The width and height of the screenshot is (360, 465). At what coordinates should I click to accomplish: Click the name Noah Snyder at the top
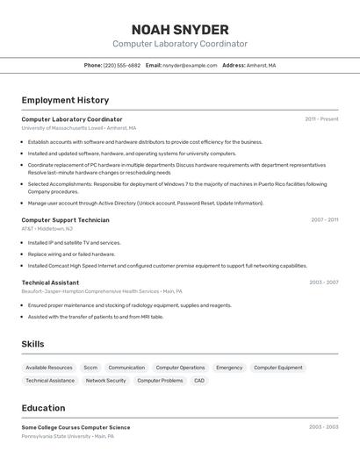[x=180, y=30]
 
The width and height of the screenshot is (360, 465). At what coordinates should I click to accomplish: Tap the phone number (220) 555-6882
[x=121, y=66]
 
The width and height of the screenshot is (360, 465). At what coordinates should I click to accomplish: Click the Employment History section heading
[x=65, y=100]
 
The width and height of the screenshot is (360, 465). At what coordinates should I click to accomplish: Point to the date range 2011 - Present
[x=321, y=119]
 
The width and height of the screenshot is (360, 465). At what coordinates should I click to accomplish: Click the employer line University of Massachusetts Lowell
[x=74, y=128]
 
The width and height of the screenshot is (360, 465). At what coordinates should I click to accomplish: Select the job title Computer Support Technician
[x=65, y=220]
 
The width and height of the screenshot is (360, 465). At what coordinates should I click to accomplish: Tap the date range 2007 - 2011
[x=324, y=220]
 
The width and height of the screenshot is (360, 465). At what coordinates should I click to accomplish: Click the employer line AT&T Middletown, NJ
[x=47, y=229]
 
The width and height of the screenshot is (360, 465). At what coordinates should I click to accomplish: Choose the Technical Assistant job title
[x=50, y=283]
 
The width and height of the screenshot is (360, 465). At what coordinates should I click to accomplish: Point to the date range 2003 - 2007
[x=323, y=283]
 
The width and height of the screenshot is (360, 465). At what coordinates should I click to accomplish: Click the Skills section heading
[x=32, y=344]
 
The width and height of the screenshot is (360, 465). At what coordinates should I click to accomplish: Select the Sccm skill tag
[x=90, y=368]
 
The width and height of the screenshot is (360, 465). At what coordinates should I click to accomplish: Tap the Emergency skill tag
[x=229, y=368]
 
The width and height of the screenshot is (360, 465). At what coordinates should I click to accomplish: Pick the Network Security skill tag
[x=105, y=381]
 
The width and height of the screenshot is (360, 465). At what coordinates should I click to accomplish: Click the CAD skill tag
[x=199, y=381]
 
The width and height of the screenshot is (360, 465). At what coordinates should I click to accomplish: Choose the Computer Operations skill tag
[x=180, y=368]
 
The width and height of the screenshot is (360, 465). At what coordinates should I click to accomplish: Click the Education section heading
[x=43, y=408]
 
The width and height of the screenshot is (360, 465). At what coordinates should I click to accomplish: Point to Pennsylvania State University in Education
[x=56, y=436]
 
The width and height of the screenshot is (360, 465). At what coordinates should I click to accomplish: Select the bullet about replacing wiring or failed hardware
[x=71, y=254]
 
